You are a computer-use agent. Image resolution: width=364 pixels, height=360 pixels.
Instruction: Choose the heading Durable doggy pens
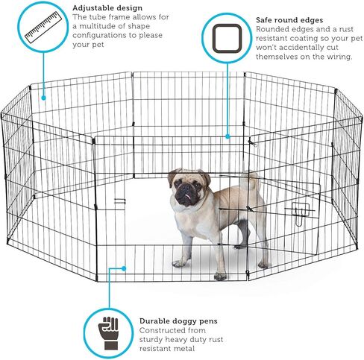[179, 321]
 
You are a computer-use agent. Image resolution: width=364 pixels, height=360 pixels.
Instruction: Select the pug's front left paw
[179, 263]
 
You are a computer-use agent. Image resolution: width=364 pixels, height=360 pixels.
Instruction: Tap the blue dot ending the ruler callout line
[43, 95]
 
